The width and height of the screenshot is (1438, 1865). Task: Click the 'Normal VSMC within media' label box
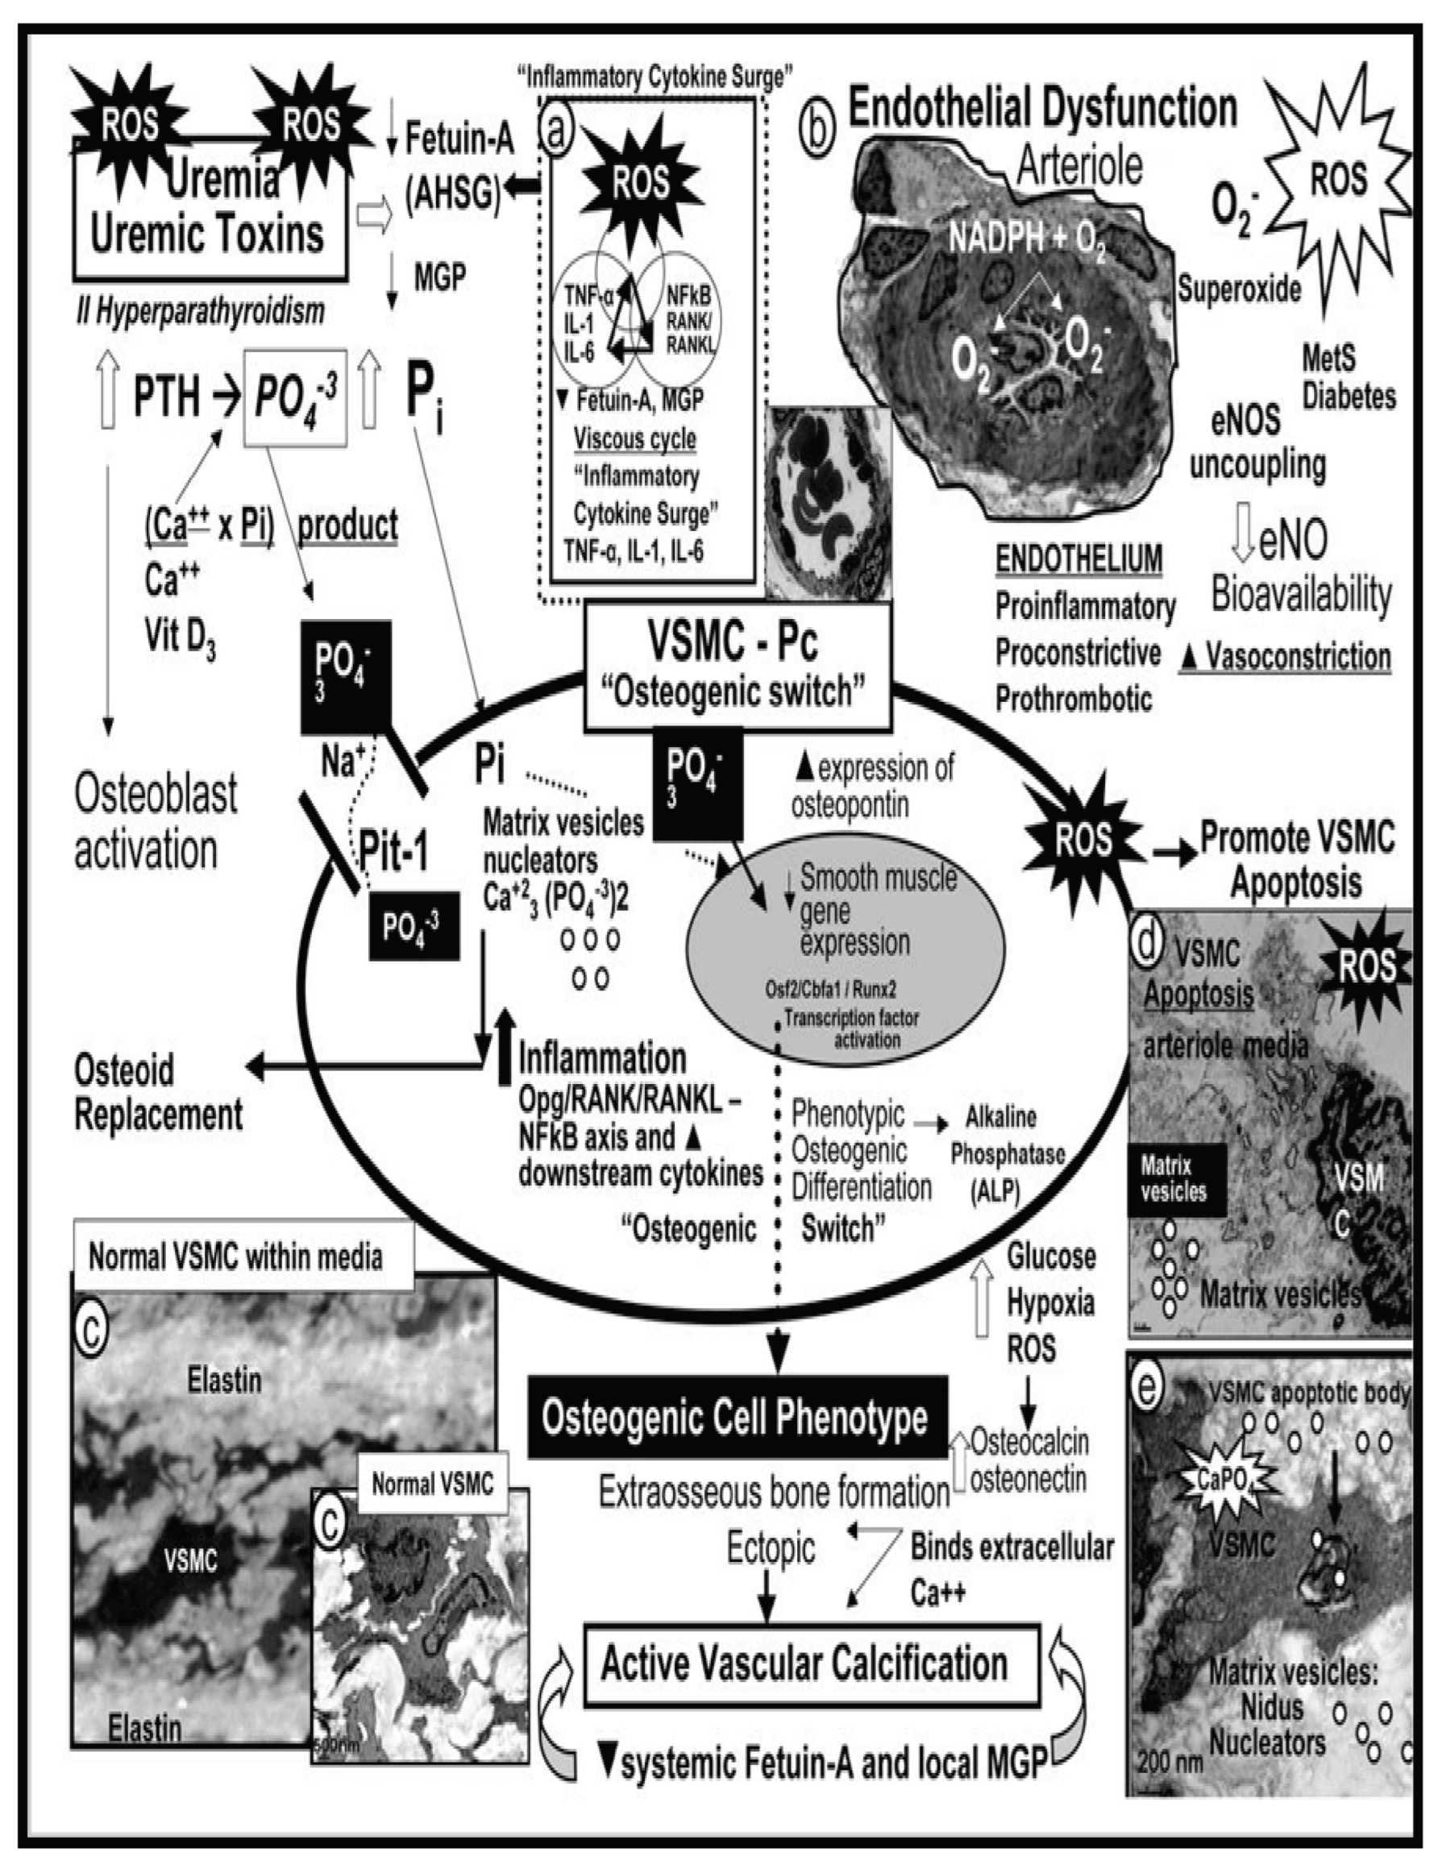click(x=238, y=1257)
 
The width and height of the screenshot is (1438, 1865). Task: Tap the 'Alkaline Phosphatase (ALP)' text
click(x=1008, y=1153)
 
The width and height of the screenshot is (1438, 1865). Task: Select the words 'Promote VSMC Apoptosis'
click(x=1296, y=858)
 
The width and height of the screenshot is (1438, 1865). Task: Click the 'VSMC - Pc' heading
click(x=734, y=642)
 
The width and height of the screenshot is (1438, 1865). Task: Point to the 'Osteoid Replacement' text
click(x=159, y=1092)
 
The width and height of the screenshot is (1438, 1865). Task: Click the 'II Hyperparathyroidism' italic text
click(x=200, y=313)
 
